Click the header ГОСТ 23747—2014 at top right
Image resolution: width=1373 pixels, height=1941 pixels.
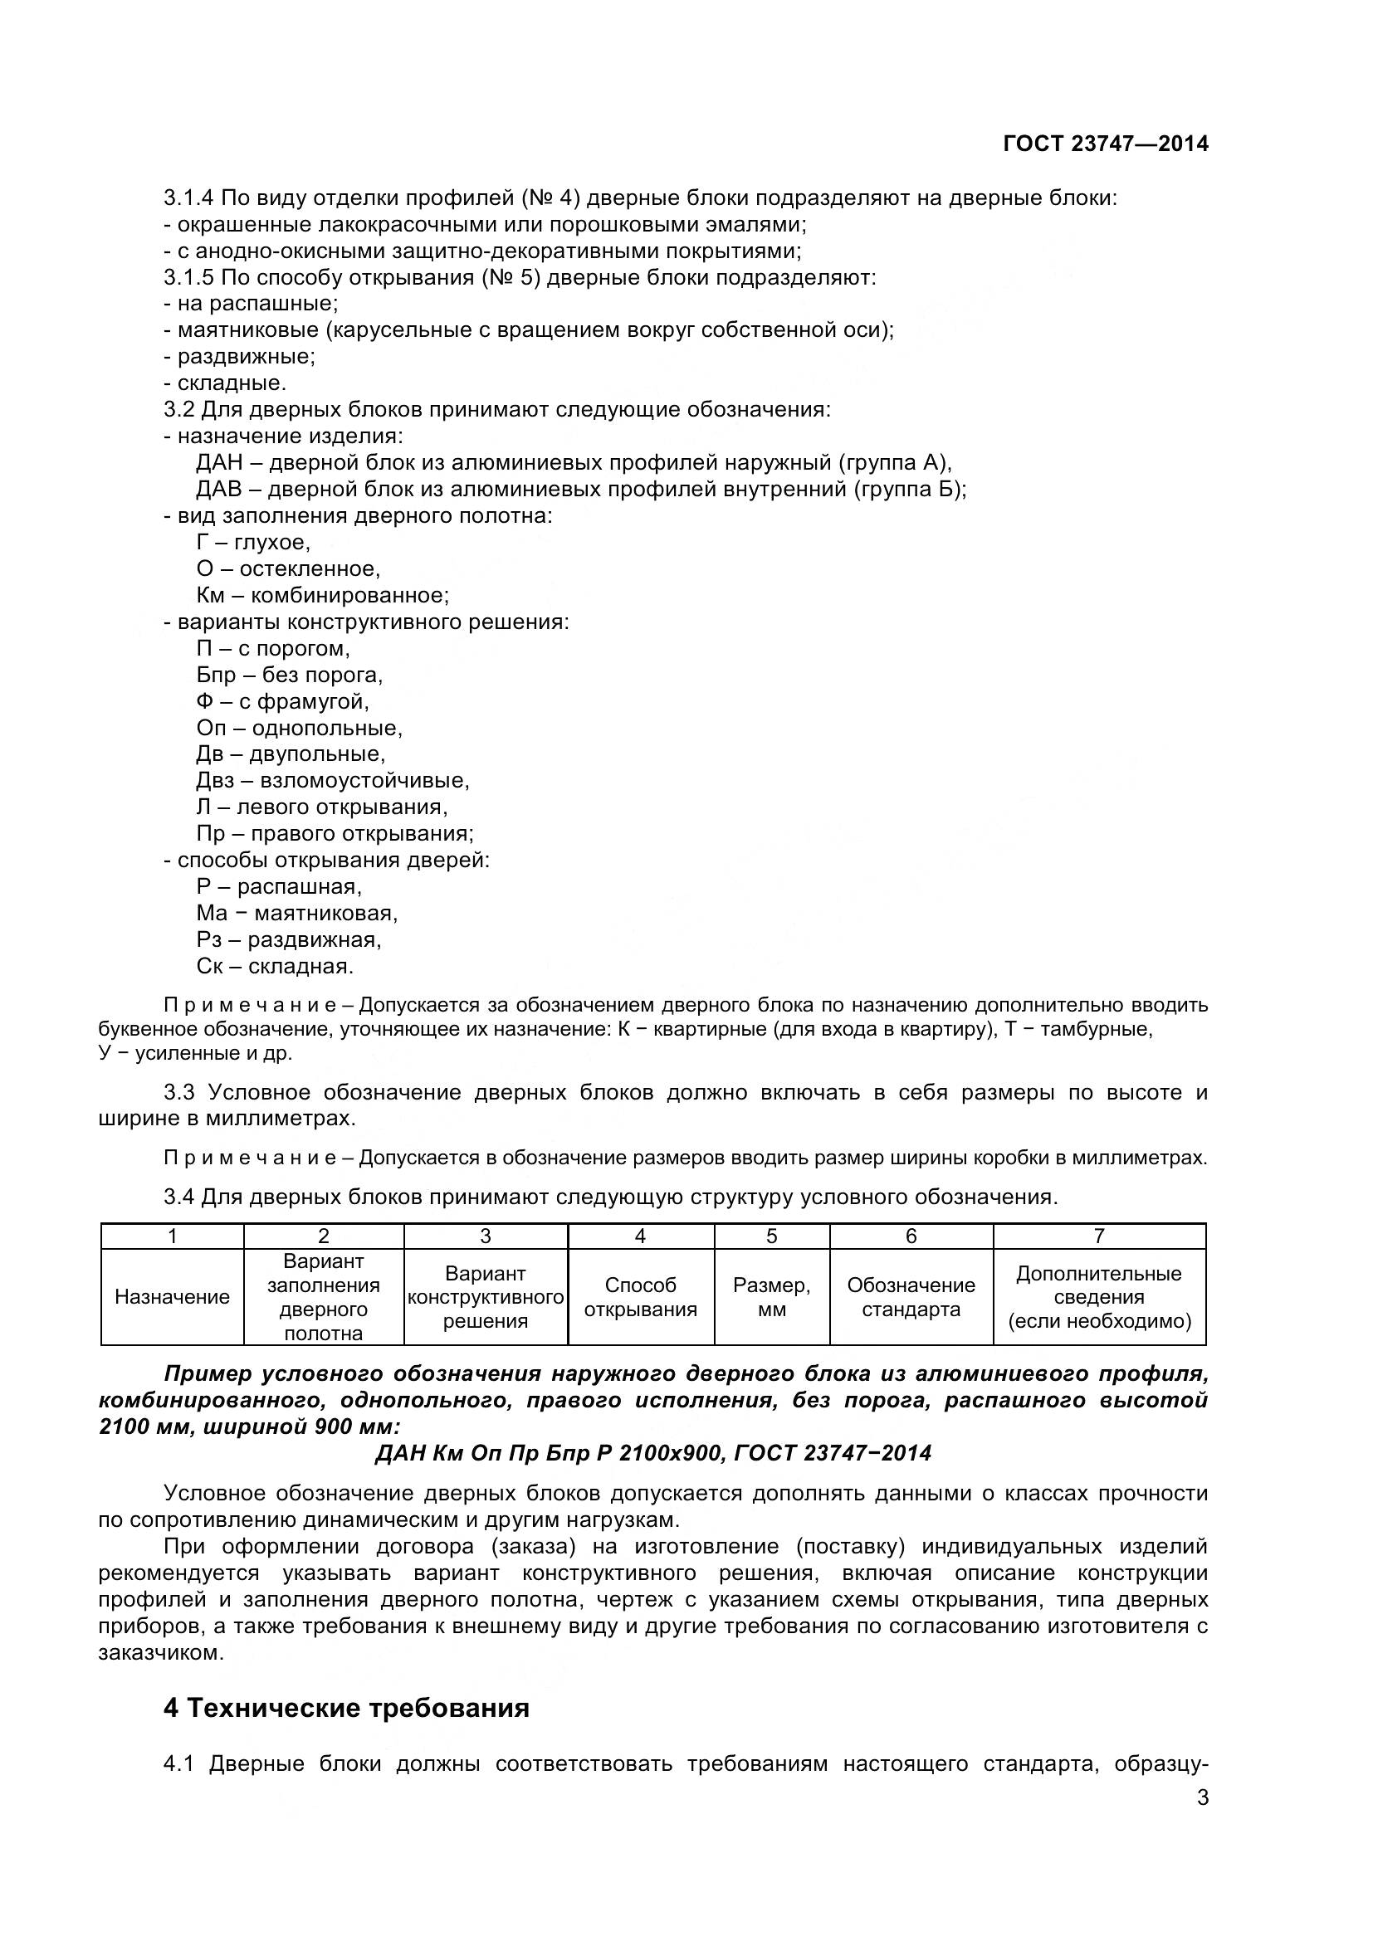pyautogui.click(x=1105, y=144)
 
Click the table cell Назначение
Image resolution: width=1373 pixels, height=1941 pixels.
pyautogui.click(x=172, y=1297)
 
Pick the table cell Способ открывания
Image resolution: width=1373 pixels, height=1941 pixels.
pyautogui.click(x=640, y=1297)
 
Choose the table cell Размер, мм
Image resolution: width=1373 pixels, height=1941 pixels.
pyautogui.click(x=771, y=1297)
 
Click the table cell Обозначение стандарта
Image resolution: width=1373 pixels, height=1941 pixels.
pyautogui.click(x=911, y=1297)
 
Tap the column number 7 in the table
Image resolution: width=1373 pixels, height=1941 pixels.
pyautogui.click(x=1098, y=1236)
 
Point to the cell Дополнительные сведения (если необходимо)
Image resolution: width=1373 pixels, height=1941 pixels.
pyautogui.click(x=1098, y=1297)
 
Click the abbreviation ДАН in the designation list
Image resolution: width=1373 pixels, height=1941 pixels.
pyautogui.click(x=219, y=462)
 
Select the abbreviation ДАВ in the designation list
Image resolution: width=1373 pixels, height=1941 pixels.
pyautogui.click(x=219, y=490)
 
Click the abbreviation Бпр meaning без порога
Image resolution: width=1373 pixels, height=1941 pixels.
pyautogui.click(x=217, y=675)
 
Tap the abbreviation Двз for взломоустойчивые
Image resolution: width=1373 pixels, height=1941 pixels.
pyautogui.click(x=216, y=780)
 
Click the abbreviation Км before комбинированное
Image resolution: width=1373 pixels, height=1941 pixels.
pyautogui.click(x=212, y=595)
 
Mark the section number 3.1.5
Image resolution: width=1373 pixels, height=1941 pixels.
pyautogui.click(x=189, y=277)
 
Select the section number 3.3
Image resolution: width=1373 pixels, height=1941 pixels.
pyautogui.click(x=179, y=1092)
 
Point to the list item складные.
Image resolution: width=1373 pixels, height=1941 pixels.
pyautogui.click(x=232, y=383)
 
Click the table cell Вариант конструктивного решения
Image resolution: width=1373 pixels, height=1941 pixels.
pyautogui.click(x=486, y=1297)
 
